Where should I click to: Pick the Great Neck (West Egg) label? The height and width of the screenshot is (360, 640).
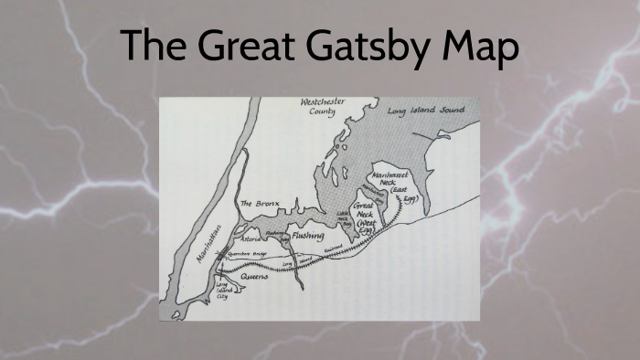[x=366, y=217]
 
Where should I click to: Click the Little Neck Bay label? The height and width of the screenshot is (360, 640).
[x=345, y=218]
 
